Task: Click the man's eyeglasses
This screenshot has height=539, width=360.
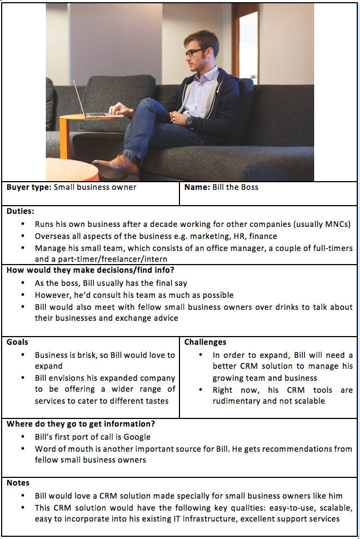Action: pyautogui.click(x=193, y=53)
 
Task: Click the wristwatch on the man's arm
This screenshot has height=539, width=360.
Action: pyautogui.click(x=189, y=121)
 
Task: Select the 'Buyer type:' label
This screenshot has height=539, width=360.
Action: pyautogui.click(x=29, y=187)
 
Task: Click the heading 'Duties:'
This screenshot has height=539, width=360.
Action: pyautogui.click(x=20, y=211)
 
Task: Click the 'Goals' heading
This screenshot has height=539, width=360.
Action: pyautogui.click(x=17, y=342)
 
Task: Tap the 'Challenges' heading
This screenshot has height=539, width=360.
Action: pyautogui.click(x=205, y=342)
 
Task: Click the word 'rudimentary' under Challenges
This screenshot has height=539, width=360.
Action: pyautogui.click(x=236, y=401)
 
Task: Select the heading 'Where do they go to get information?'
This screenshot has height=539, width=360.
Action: pyautogui.click(x=81, y=424)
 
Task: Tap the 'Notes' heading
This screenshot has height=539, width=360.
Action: pyautogui.click(x=18, y=483)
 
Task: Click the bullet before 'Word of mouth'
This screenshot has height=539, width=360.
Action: pyautogui.click(x=22, y=449)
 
